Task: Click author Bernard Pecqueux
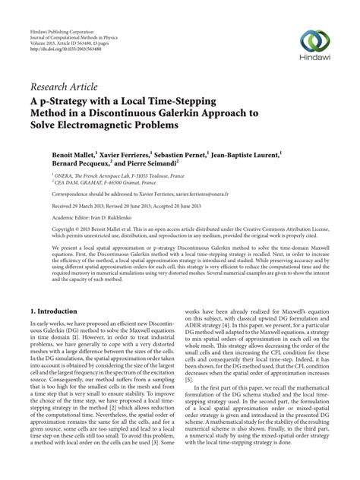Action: coord(81,164)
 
